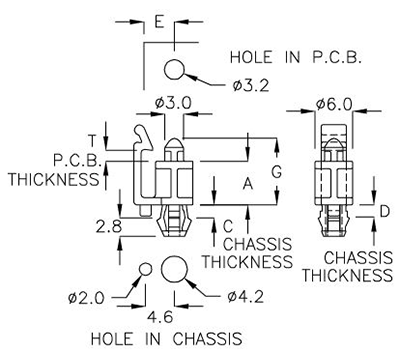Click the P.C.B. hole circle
coord(176,70)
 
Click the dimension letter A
coord(247,183)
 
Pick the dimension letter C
coord(227,225)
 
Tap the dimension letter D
coord(384,212)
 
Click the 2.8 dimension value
coord(109,226)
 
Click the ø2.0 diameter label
coord(87,296)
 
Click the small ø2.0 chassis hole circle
coord(145,269)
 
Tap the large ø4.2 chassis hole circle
coord(173,268)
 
